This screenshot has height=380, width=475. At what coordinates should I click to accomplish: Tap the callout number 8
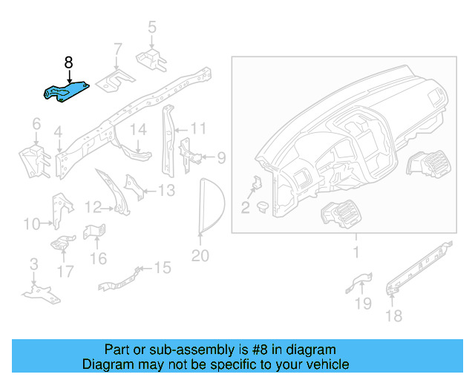point(68,62)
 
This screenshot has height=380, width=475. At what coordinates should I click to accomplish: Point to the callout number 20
point(200,256)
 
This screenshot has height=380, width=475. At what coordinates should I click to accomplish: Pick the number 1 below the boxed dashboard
point(355,252)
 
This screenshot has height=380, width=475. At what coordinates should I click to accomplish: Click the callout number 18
point(393,316)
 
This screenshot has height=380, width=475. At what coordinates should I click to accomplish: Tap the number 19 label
point(361,303)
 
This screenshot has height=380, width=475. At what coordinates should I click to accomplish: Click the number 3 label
point(33,264)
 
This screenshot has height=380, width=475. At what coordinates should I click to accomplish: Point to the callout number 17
point(65,272)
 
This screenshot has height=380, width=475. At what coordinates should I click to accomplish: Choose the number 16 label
point(98,258)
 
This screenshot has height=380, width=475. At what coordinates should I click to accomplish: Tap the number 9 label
point(220,157)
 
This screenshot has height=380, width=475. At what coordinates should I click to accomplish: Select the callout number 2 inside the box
point(245,207)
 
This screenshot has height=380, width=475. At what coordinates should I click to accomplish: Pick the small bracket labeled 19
point(360,282)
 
